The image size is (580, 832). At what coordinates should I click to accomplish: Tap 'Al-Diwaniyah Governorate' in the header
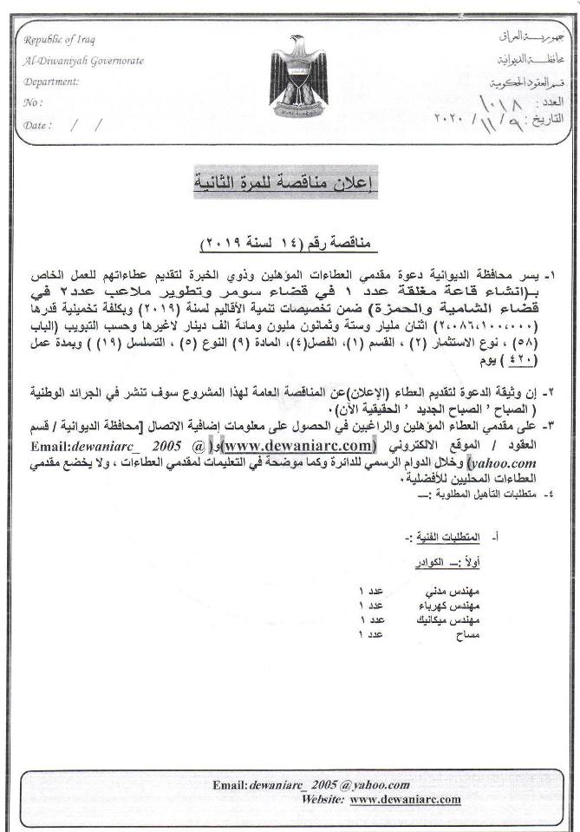click(x=84, y=62)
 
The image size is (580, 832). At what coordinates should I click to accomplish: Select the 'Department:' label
click(x=52, y=82)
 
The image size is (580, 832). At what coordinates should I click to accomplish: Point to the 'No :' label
click(x=34, y=102)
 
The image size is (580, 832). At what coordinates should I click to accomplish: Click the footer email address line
click(x=311, y=784)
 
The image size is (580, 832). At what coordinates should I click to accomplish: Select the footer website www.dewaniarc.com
click(x=406, y=800)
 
